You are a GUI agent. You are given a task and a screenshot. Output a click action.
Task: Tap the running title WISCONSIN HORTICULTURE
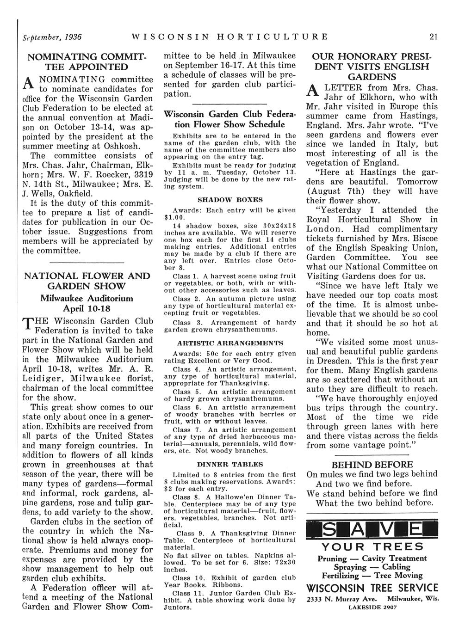tap(230, 36)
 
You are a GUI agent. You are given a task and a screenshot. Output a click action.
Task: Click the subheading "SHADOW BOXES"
tap(230, 200)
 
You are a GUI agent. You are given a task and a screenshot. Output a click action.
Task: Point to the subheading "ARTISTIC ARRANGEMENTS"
tap(230, 344)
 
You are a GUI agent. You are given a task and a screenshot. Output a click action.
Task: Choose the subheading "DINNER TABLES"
tap(230, 464)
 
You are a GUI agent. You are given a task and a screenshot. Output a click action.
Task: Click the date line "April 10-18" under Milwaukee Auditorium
tap(87, 307)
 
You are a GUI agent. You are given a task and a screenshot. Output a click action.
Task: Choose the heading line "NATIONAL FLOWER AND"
tap(87, 276)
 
